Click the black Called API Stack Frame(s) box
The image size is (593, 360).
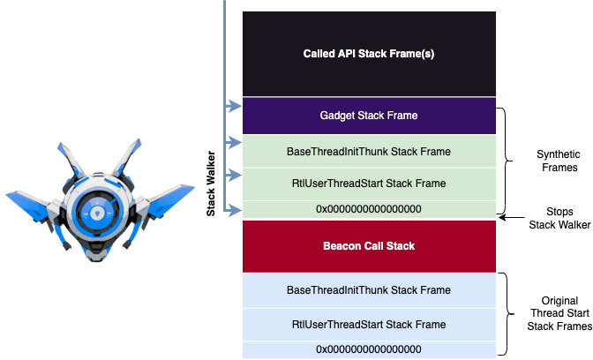(368, 54)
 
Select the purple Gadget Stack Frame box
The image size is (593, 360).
(368, 116)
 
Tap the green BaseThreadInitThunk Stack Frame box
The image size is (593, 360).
(368, 152)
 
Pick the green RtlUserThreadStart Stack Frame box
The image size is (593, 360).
(368, 184)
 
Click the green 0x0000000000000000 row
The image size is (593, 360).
(368, 209)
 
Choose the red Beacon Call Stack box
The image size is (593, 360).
(368, 245)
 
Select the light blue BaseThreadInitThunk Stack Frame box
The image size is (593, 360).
(368, 289)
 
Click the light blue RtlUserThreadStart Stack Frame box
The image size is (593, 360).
(368, 324)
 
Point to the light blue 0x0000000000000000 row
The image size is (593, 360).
(368, 349)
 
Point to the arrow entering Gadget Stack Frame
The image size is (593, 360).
(234, 108)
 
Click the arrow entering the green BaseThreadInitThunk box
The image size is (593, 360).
(234, 142)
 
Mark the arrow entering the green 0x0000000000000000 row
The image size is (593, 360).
(234, 209)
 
